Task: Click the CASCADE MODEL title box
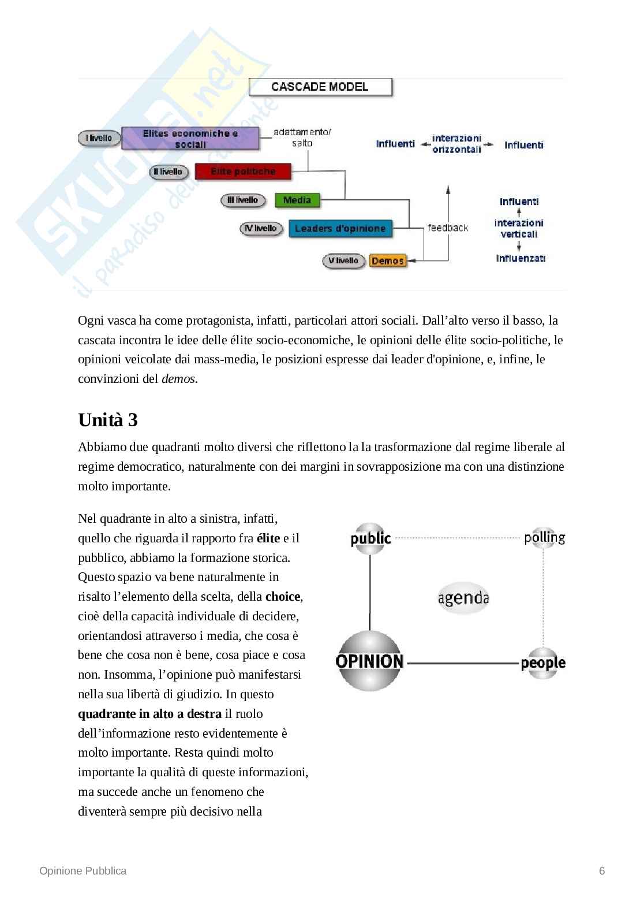[320, 87]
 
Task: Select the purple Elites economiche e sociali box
[190, 139]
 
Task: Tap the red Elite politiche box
[243, 172]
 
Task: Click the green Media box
[297, 200]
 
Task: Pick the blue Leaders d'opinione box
[340, 229]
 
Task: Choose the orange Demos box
[388, 261]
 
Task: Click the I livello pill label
[99, 138]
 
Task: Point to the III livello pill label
[243, 200]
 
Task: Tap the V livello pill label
[343, 261]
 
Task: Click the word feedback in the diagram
[448, 228]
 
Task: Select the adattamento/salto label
[302, 137]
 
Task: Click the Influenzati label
[521, 258]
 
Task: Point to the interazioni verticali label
[519, 228]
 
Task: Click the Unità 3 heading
[108, 420]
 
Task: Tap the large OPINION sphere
[369, 661]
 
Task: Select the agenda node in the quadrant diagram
[463, 598]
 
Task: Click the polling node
[544, 538]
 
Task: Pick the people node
[542, 663]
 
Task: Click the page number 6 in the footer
[602, 871]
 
